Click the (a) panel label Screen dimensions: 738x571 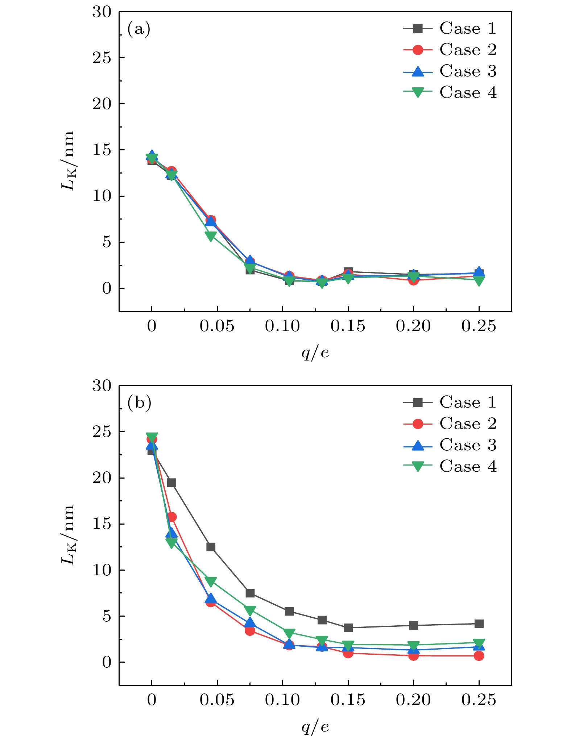[139, 29]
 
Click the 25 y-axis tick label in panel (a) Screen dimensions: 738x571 [102, 58]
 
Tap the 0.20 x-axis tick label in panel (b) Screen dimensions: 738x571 [413, 700]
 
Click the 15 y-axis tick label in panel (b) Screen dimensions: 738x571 [102, 524]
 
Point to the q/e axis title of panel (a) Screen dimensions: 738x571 [315, 352]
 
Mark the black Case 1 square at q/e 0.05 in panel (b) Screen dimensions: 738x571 [211, 547]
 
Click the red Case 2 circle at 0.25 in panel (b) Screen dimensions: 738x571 [479, 656]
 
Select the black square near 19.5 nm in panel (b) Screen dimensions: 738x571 [171, 483]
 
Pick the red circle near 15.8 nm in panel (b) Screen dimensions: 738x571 [172, 517]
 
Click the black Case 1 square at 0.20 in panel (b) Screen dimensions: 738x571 [413, 625]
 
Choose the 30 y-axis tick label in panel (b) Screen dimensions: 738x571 [102, 386]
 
